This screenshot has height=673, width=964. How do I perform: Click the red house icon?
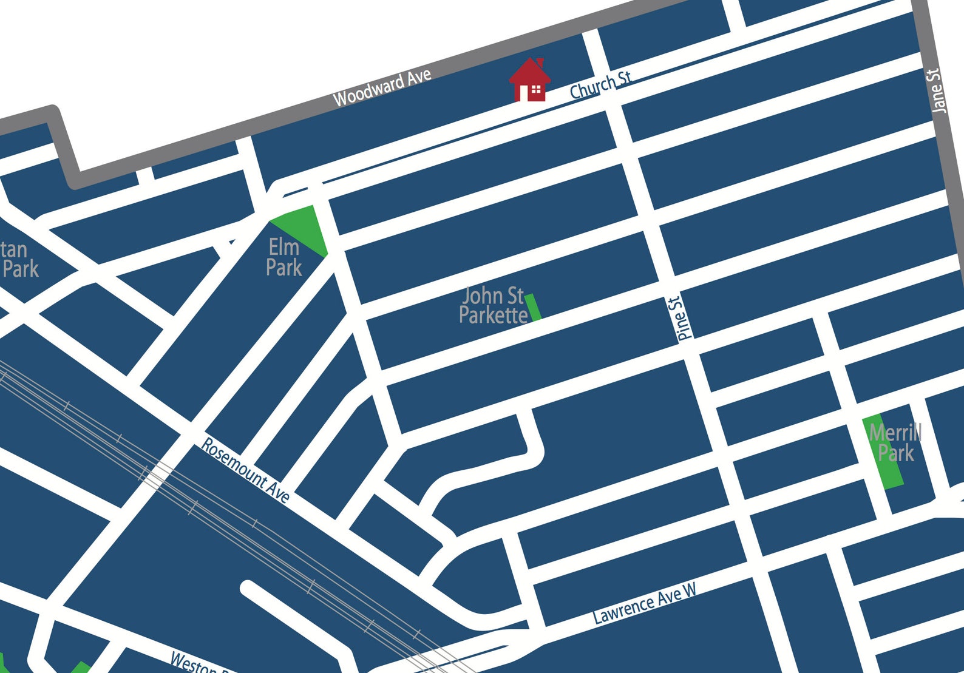pos(530,80)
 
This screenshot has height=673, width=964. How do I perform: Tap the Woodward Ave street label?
pos(382,89)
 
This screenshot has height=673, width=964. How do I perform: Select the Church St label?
pos(600,85)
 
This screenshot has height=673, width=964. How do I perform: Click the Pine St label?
pos(681,318)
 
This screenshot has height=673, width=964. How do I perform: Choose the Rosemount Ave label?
pos(245,470)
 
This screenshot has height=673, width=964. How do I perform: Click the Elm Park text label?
pos(284,257)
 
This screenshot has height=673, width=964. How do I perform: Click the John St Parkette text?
pos(492,305)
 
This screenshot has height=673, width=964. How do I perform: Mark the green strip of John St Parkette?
pos(533,307)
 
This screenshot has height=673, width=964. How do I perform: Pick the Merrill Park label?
pos(895,443)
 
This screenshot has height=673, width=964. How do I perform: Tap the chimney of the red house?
pos(540,64)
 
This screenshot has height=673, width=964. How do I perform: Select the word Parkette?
pos(493,316)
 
